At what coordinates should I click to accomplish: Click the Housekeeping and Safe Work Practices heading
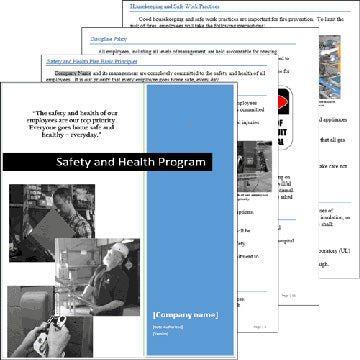tap(197, 8)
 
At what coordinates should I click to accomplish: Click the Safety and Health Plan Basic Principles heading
tap(100, 61)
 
